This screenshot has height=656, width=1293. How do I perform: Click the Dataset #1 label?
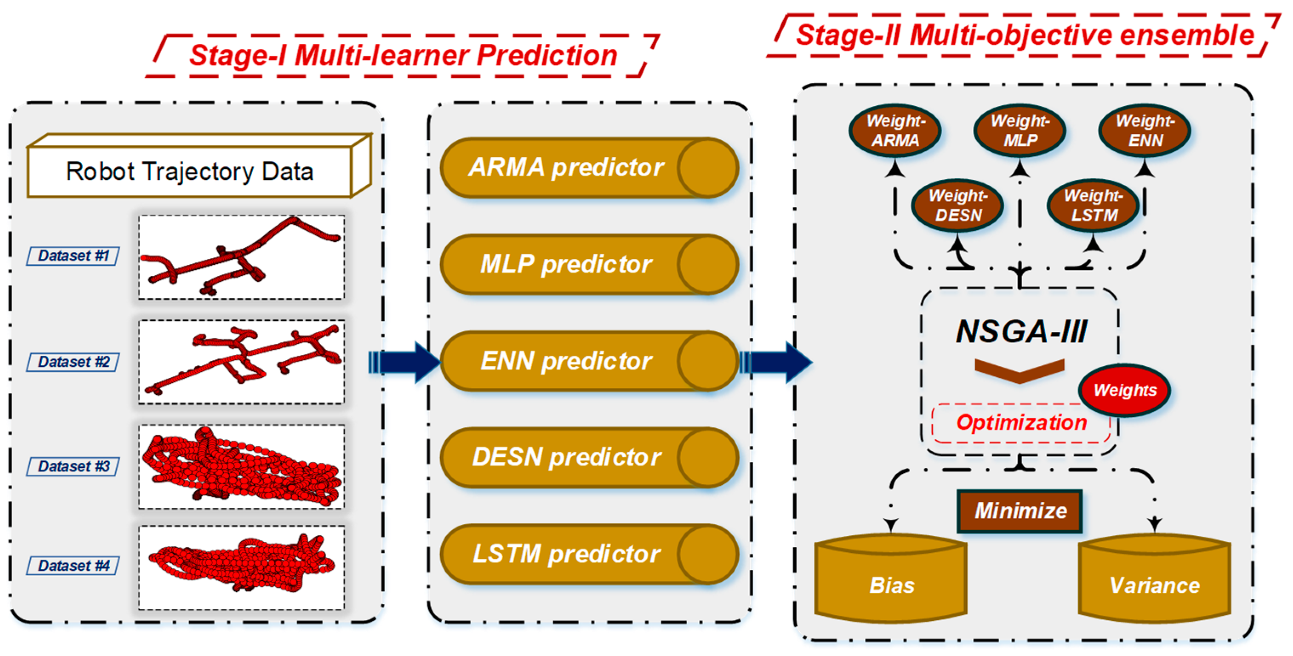point(73,256)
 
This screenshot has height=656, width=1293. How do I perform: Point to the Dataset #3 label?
point(73,467)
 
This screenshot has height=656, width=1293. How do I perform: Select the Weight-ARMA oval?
point(895,130)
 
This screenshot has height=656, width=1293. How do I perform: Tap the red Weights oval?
point(1124,390)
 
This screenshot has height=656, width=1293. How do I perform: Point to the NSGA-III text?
point(1021,331)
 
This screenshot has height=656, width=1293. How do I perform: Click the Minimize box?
point(1020,511)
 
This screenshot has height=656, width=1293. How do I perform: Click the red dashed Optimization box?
point(1020,423)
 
